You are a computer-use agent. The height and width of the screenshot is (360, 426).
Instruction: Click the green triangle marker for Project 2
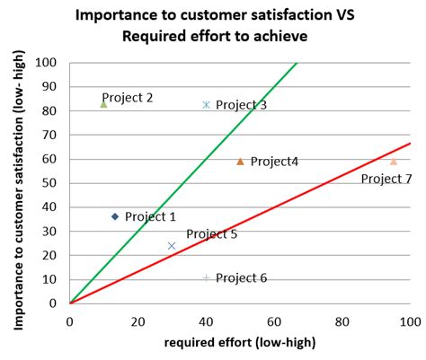click(x=103, y=104)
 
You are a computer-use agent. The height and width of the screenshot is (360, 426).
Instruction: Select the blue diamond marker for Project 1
click(x=115, y=216)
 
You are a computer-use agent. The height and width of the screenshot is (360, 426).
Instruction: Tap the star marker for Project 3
click(x=206, y=105)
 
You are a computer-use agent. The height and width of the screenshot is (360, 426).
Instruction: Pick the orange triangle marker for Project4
click(x=240, y=162)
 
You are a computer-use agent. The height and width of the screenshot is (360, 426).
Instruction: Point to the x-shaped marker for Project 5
click(x=172, y=245)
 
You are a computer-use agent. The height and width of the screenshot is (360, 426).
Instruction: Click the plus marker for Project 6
click(x=206, y=278)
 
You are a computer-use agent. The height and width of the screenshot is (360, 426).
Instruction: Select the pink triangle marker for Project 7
click(x=393, y=162)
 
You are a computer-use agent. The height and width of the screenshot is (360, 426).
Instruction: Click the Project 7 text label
click(x=386, y=179)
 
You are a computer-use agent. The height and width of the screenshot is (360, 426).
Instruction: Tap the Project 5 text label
click(x=212, y=234)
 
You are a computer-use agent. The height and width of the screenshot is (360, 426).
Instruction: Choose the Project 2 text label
click(x=128, y=97)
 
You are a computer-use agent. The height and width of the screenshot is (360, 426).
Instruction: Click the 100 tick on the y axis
click(x=49, y=63)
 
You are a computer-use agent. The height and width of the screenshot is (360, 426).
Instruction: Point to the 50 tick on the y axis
click(x=53, y=183)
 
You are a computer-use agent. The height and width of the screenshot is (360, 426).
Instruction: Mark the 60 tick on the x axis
click(x=274, y=320)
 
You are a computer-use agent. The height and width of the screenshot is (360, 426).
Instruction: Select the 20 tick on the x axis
click(x=138, y=320)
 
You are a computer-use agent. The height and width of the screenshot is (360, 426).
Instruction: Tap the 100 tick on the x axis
click(x=410, y=320)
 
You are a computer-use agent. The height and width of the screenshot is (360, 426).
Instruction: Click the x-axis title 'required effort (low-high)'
click(x=239, y=344)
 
